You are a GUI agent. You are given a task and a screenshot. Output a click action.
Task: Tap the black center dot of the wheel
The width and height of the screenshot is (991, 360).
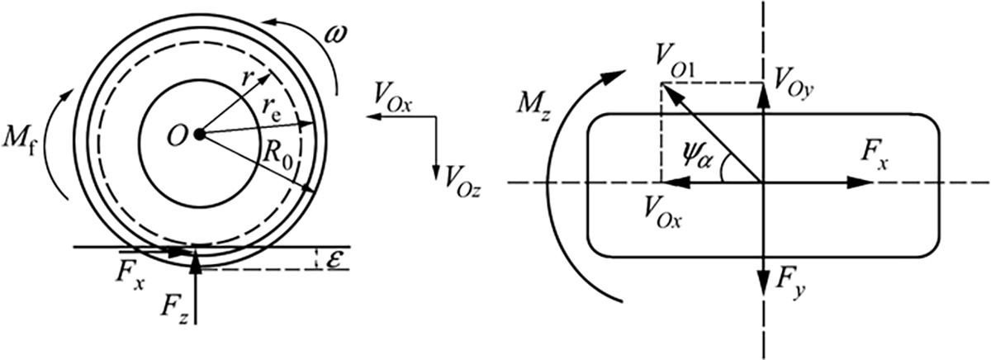(200, 134)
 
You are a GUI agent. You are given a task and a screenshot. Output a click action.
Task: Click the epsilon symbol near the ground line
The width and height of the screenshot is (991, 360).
(333, 259)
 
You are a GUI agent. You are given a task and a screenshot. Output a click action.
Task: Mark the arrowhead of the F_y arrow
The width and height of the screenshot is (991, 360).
(763, 283)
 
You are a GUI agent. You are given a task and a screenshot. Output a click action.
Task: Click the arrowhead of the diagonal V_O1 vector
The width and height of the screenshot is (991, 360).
(670, 92)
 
